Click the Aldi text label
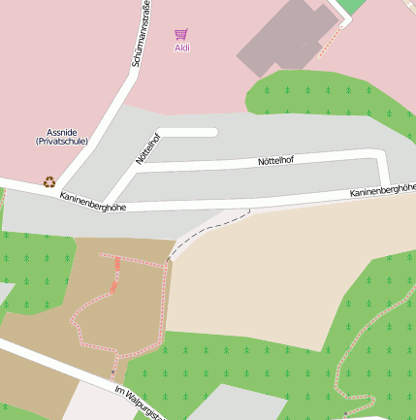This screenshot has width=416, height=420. point(181,48)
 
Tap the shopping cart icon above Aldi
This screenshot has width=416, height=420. point(181,34)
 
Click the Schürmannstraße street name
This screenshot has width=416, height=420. point(141,36)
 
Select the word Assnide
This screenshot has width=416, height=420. point(62,132)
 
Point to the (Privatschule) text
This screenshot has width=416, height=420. point(62,142)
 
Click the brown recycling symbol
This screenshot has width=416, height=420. point(48,180)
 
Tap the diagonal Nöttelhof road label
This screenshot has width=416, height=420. point(146,148)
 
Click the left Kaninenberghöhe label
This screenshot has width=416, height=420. point(93,201)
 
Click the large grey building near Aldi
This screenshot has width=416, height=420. point(286,39)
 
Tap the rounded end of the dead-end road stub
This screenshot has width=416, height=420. point(211,132)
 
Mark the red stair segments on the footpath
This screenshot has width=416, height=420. point(115,274)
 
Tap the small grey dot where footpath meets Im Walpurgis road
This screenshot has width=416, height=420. point(112,372)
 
